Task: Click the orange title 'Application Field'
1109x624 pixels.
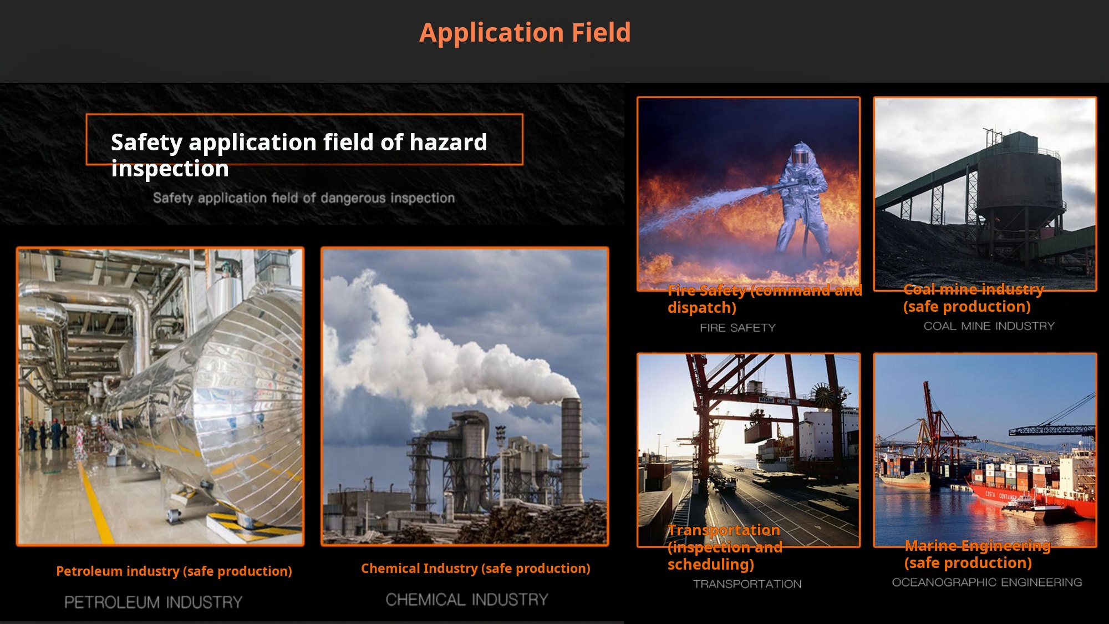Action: [x=525, y=33]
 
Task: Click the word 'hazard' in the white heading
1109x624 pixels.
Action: [x=448, y=143]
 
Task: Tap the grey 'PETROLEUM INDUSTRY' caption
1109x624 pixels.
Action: [x=154, y=602]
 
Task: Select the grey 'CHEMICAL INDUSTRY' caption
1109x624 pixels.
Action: [x=467, y=600]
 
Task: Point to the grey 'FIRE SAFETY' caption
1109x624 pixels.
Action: [x=737, y=328]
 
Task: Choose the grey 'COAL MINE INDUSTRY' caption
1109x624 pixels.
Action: [x=989, y=326]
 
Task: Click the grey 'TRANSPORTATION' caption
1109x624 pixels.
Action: [x=747, y=584]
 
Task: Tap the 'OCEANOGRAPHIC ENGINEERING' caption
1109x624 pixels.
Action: [x=987, y=582]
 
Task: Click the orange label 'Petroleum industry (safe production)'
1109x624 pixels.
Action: [x=174, y=571]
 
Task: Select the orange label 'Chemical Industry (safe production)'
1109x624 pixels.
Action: [x=476, y=569]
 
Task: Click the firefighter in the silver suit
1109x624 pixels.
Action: [x=801, y=200]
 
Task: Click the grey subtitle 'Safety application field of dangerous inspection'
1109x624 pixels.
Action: [x=304, y=198]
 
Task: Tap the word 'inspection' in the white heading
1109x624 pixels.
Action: [x=170, y=169]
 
